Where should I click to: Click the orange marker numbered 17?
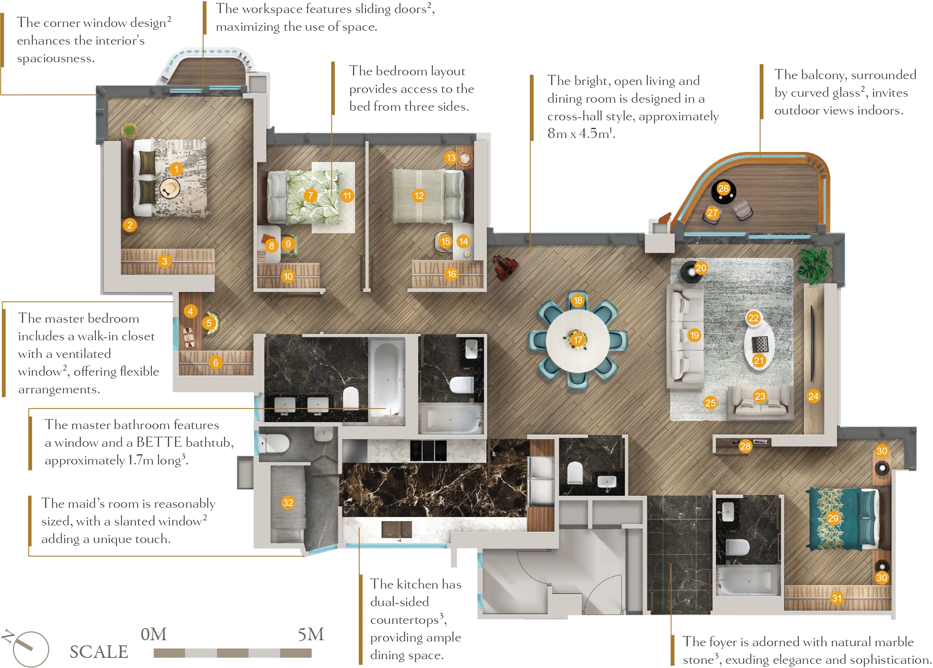578,339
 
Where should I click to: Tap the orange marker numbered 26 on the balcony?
724,188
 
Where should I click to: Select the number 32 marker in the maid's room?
288,502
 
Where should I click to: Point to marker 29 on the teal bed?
833,518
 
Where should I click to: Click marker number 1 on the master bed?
176,169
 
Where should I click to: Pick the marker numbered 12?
419,195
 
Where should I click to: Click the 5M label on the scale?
311,634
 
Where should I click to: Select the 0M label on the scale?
154,634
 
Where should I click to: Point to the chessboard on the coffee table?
760,345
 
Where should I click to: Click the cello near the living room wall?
505,267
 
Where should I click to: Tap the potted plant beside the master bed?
130,130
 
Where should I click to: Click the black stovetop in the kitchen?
428,451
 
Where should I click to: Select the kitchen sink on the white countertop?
397,530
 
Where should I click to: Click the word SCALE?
99,652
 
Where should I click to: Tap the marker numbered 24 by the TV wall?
813,396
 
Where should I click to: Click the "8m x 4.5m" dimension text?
579,133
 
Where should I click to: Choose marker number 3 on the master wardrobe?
164,261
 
